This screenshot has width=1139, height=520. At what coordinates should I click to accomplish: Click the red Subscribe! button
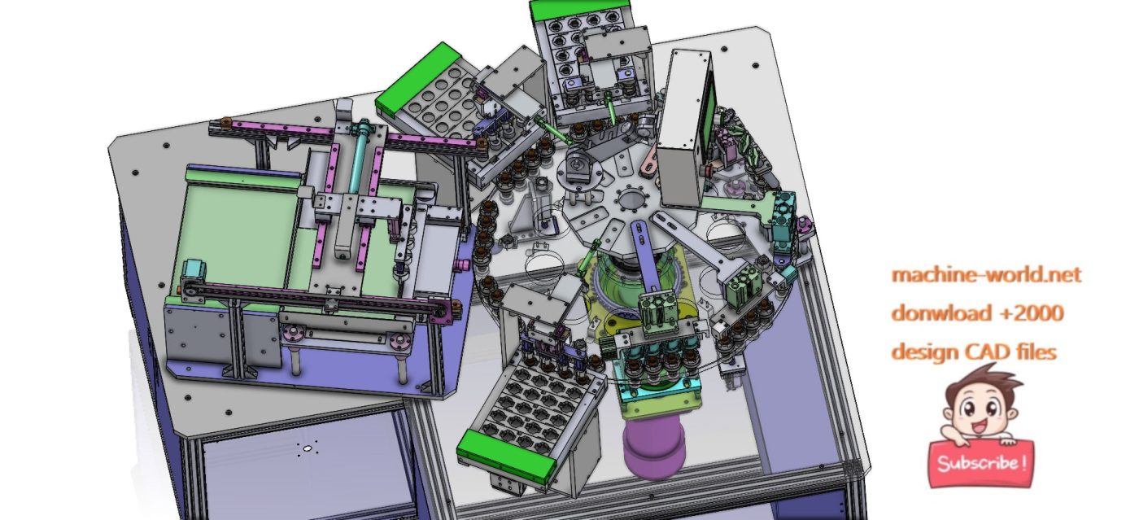pos(981,463)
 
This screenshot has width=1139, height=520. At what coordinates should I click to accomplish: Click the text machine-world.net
pos(986,275)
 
